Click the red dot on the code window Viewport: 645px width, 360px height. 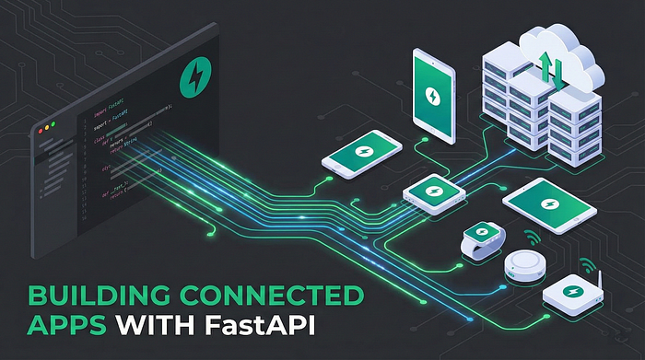coord(37,126)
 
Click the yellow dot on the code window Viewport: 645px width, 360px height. coord(45,123)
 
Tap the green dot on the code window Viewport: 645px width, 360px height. coord(53,121)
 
